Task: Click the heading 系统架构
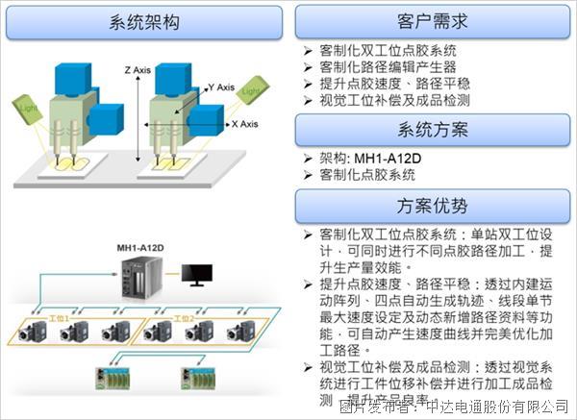click(144, 22)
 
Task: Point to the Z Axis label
click(140, 70)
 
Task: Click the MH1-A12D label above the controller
click(140, 249)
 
